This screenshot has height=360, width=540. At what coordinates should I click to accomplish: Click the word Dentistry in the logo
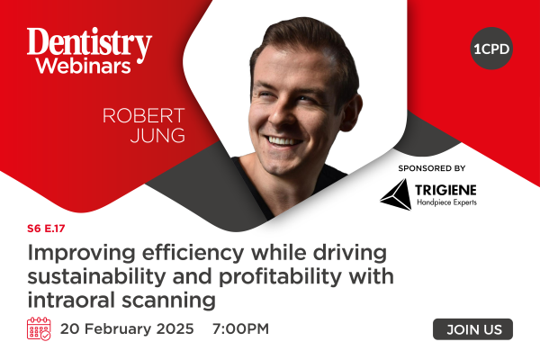89,43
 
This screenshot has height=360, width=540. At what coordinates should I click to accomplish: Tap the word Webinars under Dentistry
84,65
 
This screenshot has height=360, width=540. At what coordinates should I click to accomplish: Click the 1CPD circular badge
491,49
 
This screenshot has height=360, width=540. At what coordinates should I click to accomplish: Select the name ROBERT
144,116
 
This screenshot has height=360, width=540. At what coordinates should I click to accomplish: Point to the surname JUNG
157,135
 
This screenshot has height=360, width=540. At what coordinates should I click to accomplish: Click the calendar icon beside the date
39,328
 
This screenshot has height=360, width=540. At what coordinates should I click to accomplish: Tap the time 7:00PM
240,328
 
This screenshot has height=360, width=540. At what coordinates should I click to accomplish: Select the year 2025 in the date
175,328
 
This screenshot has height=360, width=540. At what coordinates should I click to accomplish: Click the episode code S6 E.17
46,229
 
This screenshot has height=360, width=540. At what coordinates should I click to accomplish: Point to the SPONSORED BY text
432,168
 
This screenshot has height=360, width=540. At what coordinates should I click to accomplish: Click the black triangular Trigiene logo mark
396,194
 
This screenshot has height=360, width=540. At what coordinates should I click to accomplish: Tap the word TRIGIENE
445,190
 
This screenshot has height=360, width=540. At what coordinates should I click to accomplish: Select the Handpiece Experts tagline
446,202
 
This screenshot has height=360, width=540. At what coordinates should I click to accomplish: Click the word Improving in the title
81,254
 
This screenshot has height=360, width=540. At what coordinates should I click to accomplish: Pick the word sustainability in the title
96,276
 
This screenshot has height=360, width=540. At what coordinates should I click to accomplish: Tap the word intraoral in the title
71,300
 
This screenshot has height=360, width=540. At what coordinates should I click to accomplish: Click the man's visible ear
351,112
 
